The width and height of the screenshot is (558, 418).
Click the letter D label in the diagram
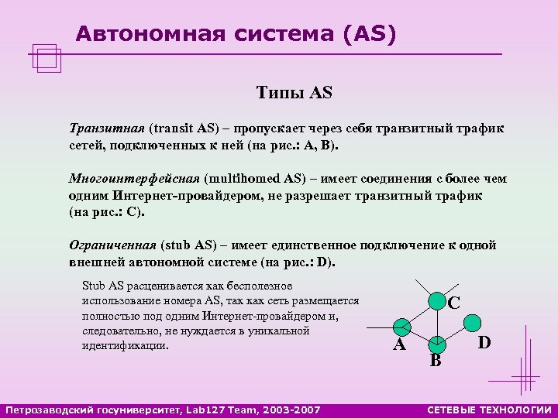point(484,341)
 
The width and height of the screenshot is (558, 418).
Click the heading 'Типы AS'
point(294,94)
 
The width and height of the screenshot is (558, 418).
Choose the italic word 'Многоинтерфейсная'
point(133,179)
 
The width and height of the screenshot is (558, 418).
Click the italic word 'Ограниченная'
point(113,245)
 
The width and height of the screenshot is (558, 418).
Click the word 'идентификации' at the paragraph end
point(124,345)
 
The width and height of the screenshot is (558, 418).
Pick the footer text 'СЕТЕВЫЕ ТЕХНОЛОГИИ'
point(489,409)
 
